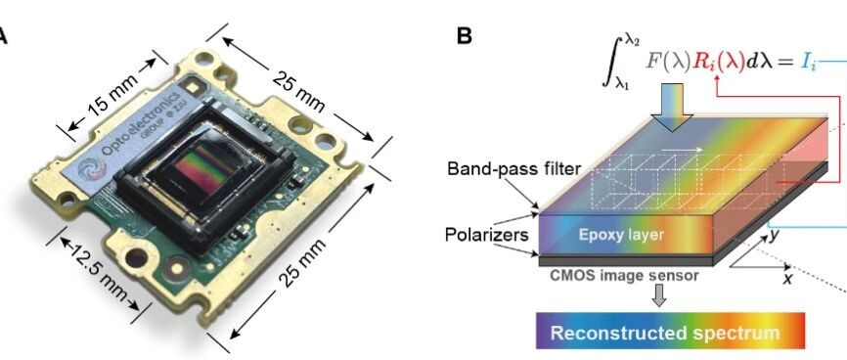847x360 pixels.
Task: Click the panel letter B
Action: (464, 36)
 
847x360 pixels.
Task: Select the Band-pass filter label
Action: (513, 168)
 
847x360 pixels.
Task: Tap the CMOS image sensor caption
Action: (623, 276)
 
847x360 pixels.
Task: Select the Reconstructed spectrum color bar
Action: (670, 331)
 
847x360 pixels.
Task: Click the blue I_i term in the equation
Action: (807, 63)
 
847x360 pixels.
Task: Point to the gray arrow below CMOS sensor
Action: (658, 295)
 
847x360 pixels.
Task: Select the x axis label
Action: (788, 279)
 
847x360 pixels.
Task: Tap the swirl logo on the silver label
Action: (92, 169)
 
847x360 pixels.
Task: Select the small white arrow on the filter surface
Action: (681, 150)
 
